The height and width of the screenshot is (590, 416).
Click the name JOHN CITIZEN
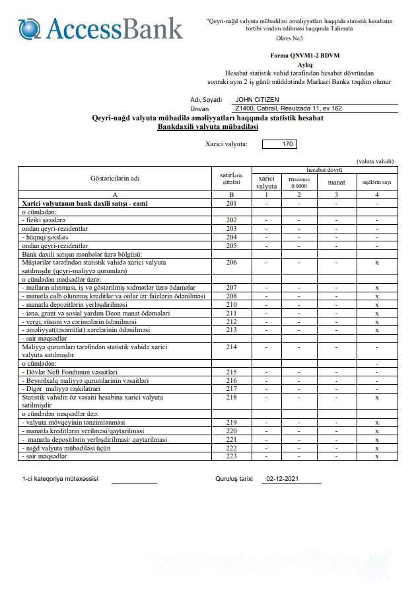click(258, 99)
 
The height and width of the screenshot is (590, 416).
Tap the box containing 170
click(279, 144)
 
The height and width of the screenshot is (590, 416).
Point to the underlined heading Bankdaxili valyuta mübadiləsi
click(207, 126)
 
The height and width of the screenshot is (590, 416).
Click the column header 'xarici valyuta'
click(266, 182)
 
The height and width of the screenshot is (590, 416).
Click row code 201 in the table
click(231, 204)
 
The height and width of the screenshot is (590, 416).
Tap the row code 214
click(231, 346)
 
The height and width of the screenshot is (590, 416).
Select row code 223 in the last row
click(231, 456)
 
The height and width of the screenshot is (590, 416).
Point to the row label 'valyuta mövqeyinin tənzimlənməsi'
click(73, 422)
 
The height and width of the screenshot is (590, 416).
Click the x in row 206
click(376, 263)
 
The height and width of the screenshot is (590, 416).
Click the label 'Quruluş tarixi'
click(234, 479)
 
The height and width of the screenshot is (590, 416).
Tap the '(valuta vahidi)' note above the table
click(374, 161)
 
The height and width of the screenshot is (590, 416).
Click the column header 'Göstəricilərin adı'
click(115, 178)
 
